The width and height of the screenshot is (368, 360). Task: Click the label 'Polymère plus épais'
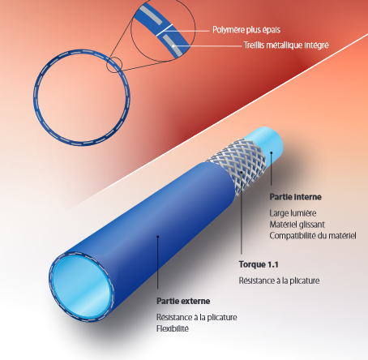[246, 30]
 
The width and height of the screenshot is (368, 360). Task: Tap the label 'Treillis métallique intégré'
[286, 45]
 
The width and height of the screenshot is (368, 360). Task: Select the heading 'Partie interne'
[295, 197]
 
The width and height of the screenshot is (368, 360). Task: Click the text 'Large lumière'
[293, 213]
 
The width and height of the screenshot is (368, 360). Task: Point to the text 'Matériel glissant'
[297, 225]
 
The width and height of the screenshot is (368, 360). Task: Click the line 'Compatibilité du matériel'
[313, 236]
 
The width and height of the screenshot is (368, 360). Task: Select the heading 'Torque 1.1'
[259, 264]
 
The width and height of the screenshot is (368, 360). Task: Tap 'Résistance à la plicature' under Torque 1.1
[279, 281]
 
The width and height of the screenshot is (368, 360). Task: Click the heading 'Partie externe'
[183, 301]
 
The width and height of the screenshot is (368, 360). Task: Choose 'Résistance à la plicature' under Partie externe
[197, 317]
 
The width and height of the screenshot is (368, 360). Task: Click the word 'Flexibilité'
[173, 328]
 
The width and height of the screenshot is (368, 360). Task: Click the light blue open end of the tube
[81, 287]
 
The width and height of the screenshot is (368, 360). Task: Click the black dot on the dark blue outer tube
[158, 237]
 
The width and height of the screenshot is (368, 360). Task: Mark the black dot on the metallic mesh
[242, 172]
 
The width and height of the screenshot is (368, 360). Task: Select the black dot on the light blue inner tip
[272, 152]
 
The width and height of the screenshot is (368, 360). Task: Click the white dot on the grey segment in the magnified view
[173, 46]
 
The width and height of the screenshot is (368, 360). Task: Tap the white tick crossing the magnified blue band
[165, 30]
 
